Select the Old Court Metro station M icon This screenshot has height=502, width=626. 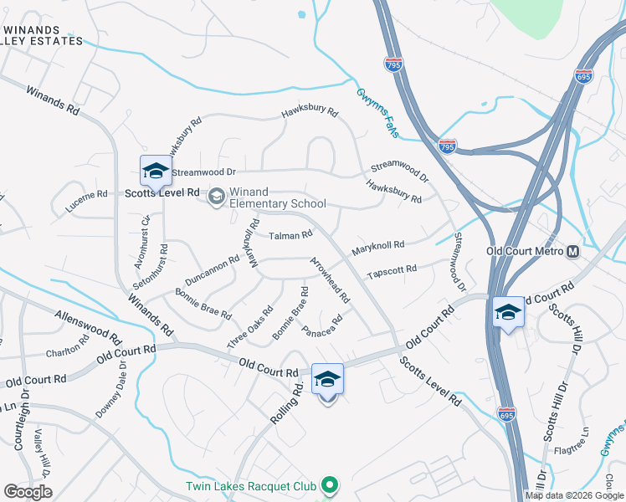573,252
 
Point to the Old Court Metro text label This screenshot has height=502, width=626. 525,251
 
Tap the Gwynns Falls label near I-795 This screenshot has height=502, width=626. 379,115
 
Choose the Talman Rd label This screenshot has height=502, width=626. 290,236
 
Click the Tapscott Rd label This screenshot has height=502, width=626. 392,272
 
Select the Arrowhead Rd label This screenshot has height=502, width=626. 330,280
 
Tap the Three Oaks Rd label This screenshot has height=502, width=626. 250,327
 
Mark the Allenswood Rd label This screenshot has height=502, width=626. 83,327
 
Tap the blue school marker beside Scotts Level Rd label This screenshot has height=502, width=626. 156,171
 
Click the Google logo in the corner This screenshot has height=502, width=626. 28,491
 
